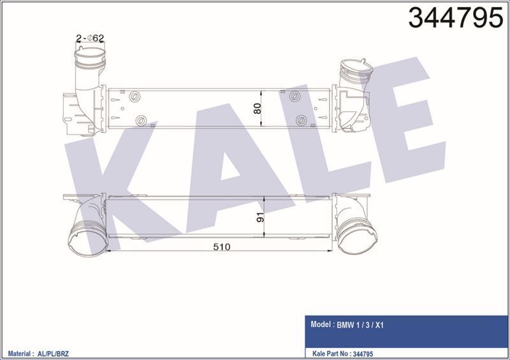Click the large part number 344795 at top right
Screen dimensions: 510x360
(456, 18)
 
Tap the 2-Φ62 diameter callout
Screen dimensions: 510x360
(90, 38)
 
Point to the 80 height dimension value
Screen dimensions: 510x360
(258, 108)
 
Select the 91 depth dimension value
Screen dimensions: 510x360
(260, 217)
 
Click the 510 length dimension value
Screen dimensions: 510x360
(222, 247)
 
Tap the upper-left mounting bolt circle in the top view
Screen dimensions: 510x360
(135, 97)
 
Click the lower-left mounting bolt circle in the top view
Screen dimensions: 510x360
(141, 120)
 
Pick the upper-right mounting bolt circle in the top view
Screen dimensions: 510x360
(295, 96)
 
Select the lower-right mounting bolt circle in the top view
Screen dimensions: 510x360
(302, 120)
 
